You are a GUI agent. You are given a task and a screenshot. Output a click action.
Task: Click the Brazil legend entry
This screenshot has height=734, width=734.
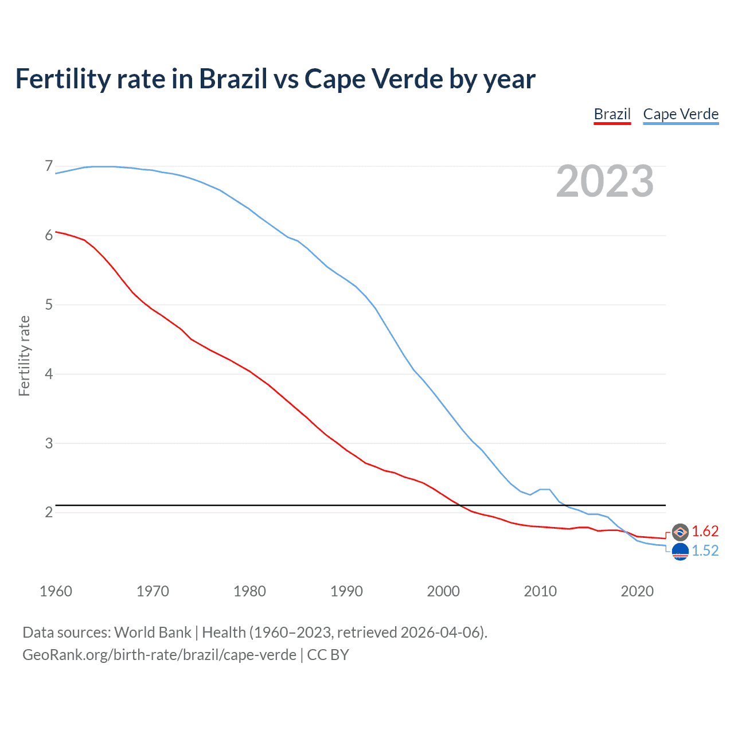click(x=612, y=114)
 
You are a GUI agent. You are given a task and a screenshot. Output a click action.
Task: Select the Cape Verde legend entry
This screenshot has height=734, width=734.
click(x=681, y=114)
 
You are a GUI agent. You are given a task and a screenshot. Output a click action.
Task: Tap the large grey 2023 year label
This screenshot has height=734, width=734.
click(x=605, y=181)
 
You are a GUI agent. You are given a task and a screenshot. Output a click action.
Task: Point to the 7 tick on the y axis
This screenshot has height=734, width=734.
click(x=49, y=166)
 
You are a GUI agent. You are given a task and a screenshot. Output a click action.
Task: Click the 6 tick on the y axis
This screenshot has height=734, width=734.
click(x=49, y=235)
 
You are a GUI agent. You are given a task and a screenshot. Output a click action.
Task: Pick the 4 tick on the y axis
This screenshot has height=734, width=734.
click(x=49, y=374)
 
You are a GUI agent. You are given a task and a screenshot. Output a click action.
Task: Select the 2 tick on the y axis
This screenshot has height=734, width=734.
click(x=49, y=512)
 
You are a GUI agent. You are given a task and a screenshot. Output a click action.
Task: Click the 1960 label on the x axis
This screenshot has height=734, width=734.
click(x=56, y=591)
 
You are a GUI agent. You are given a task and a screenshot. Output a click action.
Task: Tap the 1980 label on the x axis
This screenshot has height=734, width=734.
click(x=249, y=591)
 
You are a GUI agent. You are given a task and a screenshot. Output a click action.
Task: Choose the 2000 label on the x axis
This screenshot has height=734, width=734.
click(x=443, y=591)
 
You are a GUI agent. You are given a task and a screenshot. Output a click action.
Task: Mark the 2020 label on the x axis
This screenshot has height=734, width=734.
click(x=637, y=591)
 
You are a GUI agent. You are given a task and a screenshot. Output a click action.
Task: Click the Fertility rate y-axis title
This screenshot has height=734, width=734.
click(x=24, y=356)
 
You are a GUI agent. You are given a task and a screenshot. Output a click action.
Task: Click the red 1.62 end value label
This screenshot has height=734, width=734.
click(x=705, y=532)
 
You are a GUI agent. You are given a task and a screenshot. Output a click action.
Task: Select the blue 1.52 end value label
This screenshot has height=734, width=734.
click(x=705, y=550)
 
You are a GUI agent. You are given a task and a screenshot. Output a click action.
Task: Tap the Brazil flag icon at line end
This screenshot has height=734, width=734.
click(x=680, y=532)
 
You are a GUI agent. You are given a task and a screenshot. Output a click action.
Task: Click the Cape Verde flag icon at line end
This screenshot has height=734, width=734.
click(x=680, y=552)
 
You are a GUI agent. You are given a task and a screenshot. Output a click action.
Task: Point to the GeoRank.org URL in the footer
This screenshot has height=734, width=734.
click(x=159, y=654)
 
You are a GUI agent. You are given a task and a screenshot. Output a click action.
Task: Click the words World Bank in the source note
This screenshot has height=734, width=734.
click(x=153, y=632)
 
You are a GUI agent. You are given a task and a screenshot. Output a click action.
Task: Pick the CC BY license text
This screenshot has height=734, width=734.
click(x=328, y=654)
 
